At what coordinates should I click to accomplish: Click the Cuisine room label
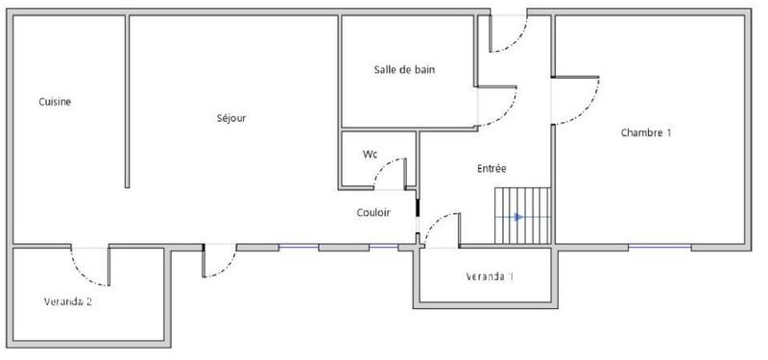55,102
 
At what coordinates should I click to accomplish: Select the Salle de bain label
405,69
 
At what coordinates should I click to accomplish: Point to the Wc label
370,155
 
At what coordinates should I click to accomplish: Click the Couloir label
372,213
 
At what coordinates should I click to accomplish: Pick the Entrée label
492,169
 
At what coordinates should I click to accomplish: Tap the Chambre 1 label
645,133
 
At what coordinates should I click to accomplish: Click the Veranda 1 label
490,277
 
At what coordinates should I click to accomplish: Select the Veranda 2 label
67,301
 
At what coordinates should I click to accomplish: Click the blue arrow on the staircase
518,217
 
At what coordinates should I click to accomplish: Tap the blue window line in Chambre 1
659,247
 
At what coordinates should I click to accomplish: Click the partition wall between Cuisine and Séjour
128,101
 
